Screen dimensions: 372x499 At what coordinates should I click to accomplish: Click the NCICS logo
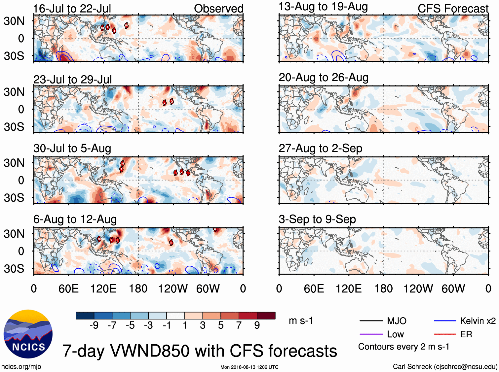coord(28,334)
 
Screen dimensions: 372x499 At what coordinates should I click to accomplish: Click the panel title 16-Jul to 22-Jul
coord(72,9)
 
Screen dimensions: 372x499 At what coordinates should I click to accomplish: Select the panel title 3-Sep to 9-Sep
coord(317,219)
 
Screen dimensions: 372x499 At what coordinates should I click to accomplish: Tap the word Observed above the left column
coord(218,9)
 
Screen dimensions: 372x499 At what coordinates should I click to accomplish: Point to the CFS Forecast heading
coord(453,9)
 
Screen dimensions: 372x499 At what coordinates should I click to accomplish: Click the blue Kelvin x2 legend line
coord(445,321)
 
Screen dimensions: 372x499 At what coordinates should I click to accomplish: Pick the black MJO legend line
coord(371,321)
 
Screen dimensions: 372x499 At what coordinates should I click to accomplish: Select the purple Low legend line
coord(371,334)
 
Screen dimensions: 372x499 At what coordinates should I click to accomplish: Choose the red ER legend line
coord(445,334)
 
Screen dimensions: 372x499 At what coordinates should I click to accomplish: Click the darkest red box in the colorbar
coord(266,316)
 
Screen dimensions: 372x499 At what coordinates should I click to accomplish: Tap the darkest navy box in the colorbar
coord(85,316)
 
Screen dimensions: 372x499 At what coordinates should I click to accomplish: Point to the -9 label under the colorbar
coord(94,325)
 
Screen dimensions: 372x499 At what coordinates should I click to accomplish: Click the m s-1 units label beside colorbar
coord(301,321)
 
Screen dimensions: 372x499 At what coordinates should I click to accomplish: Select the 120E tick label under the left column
coord(103,289)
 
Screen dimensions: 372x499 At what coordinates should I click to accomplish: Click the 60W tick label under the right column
coord(453,289)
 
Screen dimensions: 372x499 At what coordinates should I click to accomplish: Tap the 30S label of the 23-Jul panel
coord(14,127)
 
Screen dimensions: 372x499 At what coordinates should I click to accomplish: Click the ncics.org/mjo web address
coord(21,366)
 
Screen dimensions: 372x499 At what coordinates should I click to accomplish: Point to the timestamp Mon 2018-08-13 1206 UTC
coord(249,367)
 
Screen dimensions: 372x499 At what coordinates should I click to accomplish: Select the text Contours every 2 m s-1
coord(403,347)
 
